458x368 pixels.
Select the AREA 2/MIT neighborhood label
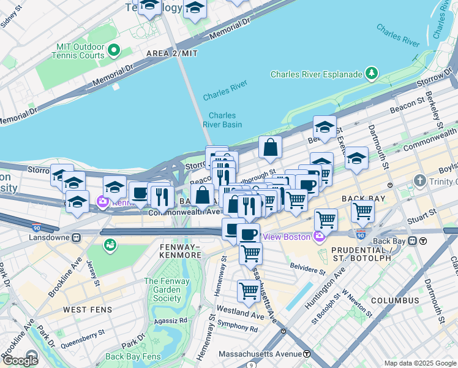172,54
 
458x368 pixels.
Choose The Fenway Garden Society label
163,289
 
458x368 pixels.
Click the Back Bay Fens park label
132,356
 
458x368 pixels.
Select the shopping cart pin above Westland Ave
249,291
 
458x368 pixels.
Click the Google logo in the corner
20,361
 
